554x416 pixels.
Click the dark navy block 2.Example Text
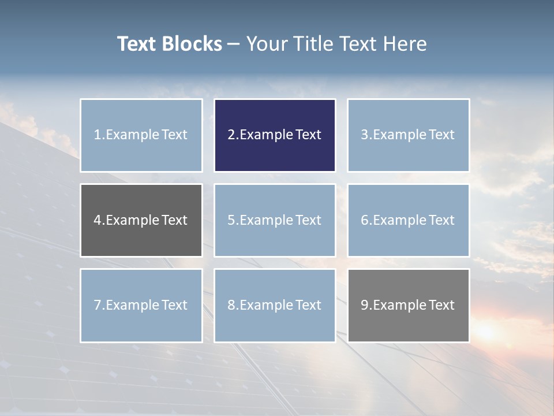[x=275, y=135]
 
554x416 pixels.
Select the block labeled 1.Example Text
[x=141, y=135]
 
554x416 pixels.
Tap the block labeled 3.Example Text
[x=408, y=135]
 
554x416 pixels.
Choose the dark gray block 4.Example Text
[x=141, y=220]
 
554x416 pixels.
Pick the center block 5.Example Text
[x=275, y=220]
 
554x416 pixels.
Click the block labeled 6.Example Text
[x=408, y=220]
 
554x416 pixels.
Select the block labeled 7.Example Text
[x=141, y=305]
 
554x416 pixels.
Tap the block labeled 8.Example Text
[x=275, y=305]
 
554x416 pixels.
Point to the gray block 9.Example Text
[x=408, y=305]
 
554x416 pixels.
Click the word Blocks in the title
[x=192, y=44]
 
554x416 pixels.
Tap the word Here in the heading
[x=406, y=44]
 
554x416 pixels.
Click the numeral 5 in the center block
[x=231, y=220]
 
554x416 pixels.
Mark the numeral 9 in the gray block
[x=365, y=305]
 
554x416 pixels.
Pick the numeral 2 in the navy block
[x=231, y=135]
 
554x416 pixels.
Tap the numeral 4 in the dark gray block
[x=98, y=220]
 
